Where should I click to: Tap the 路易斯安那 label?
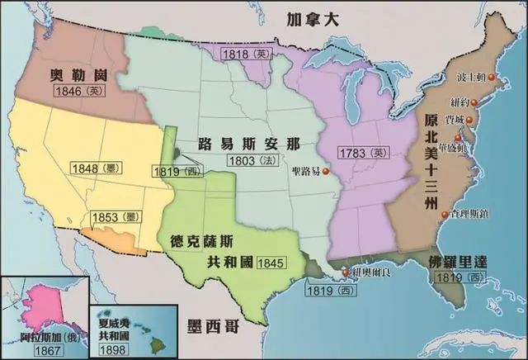[x=247, y=141]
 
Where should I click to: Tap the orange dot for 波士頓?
[x=492, y=78]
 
